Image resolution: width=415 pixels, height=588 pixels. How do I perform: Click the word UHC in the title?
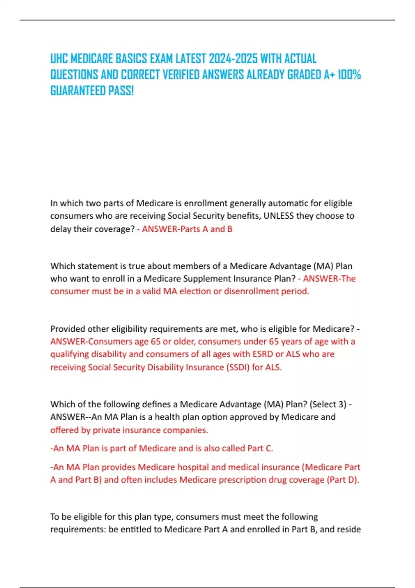click(59, 59)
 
